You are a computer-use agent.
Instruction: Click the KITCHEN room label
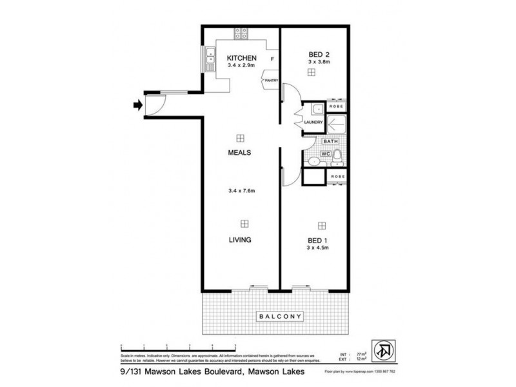[241, 57]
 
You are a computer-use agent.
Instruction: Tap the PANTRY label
[270, 80]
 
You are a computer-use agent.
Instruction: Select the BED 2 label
[319, 54]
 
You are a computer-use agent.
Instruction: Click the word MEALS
[239, 153]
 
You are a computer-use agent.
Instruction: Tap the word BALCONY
[280, 317]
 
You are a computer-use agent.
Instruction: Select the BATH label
[330, 141]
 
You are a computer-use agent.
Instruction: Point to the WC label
[326, 154]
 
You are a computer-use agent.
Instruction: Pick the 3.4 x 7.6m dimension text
[242, 190]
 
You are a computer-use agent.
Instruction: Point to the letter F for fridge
[272, 60]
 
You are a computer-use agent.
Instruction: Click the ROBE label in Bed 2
[336, 106]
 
